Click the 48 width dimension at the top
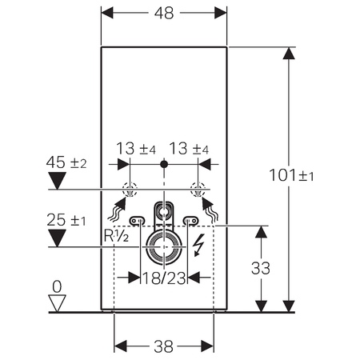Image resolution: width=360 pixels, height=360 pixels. coord(164,13)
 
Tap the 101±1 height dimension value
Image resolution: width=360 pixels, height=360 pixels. coord(291,175)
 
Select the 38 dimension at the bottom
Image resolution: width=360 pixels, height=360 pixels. coord(163,346)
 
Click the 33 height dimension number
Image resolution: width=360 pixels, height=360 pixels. coord(261,268)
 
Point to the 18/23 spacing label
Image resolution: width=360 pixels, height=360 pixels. coord(164,278)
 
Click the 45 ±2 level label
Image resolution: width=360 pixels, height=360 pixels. coord(66,162)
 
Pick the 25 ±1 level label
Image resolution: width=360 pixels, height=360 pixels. coord(66,220)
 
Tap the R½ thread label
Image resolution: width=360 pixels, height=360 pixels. coord(116,235)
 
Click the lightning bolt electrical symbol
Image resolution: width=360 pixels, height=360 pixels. coord(198,245)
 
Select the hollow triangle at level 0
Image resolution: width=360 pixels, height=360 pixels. coord(57,303)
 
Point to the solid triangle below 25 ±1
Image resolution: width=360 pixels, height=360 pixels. coord(57,238)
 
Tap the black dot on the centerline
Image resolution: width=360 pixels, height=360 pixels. coord(164,164)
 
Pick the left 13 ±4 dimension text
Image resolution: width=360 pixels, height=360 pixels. coord(136,149)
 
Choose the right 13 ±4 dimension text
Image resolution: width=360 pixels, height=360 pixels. coord(189,149)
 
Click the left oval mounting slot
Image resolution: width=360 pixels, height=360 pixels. coord(138,221)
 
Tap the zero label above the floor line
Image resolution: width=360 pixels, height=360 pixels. coord(57,287)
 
